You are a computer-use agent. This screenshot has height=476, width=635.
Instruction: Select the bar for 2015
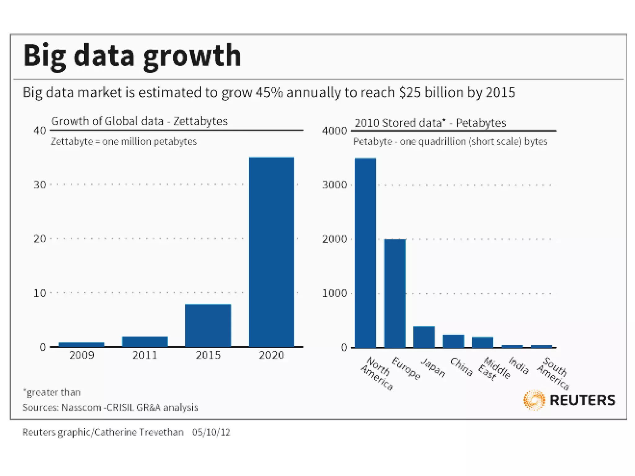pyautogui.click(x=208, y=325)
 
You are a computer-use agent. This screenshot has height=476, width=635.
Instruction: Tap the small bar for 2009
pyautogui.click(x=82, y=344)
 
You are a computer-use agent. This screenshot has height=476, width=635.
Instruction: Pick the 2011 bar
pyautogui.click(x=145, y=342)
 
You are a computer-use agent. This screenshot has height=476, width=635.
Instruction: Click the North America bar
pyautogui.click(x=365, y=253)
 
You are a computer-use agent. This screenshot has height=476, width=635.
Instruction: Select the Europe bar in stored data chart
pyautogui.click(x=395, y=293)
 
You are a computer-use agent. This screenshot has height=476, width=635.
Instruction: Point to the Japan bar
pyautogui.click(x=424, y=337)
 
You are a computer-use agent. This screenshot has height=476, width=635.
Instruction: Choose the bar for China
pyautogui.click(x=453, y=341)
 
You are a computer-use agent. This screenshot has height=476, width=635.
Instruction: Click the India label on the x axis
pyautogui.click(x=519, y=365)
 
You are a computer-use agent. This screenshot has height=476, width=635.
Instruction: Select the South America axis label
pyautogui.click(x=553, y=373)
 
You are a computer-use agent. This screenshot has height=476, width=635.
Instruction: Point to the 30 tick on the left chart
pyautogui.click(x=40, y=185)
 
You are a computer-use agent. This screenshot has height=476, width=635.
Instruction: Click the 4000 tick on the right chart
pyautogui.click(x=334, y=131)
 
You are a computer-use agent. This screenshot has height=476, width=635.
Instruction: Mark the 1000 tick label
pyautogui.click(x=334, y=293)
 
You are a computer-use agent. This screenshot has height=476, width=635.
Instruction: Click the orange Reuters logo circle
pyautogui.click(x=534, y=400)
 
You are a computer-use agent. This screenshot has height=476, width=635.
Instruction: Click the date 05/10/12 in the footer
pyautogui.click(x=211, y=432)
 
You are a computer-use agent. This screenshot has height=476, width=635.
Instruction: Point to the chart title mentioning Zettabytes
pyautogui.click(x=139, y=121)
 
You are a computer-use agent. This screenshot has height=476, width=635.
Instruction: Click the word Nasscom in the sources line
pyautogui.click(x=81, y=407)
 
